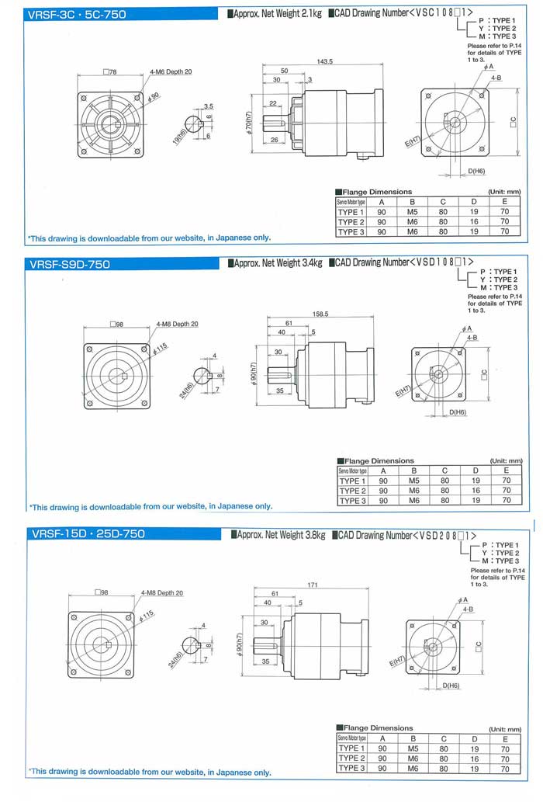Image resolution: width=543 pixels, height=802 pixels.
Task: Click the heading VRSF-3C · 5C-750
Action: pos(76,14)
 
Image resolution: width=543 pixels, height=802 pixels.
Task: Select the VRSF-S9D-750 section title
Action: pos(70,264)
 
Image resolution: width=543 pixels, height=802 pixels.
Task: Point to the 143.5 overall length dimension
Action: pos(324,61)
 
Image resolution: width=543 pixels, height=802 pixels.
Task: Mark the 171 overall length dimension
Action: pos(313,584)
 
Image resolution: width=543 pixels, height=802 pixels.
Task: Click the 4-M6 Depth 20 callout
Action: pos(171,71)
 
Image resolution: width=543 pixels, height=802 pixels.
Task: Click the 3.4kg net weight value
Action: pos(310,264)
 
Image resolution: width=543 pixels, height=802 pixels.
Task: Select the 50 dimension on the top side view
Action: pos(285,71)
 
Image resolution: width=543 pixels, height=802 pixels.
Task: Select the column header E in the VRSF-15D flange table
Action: pos(505,738)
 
